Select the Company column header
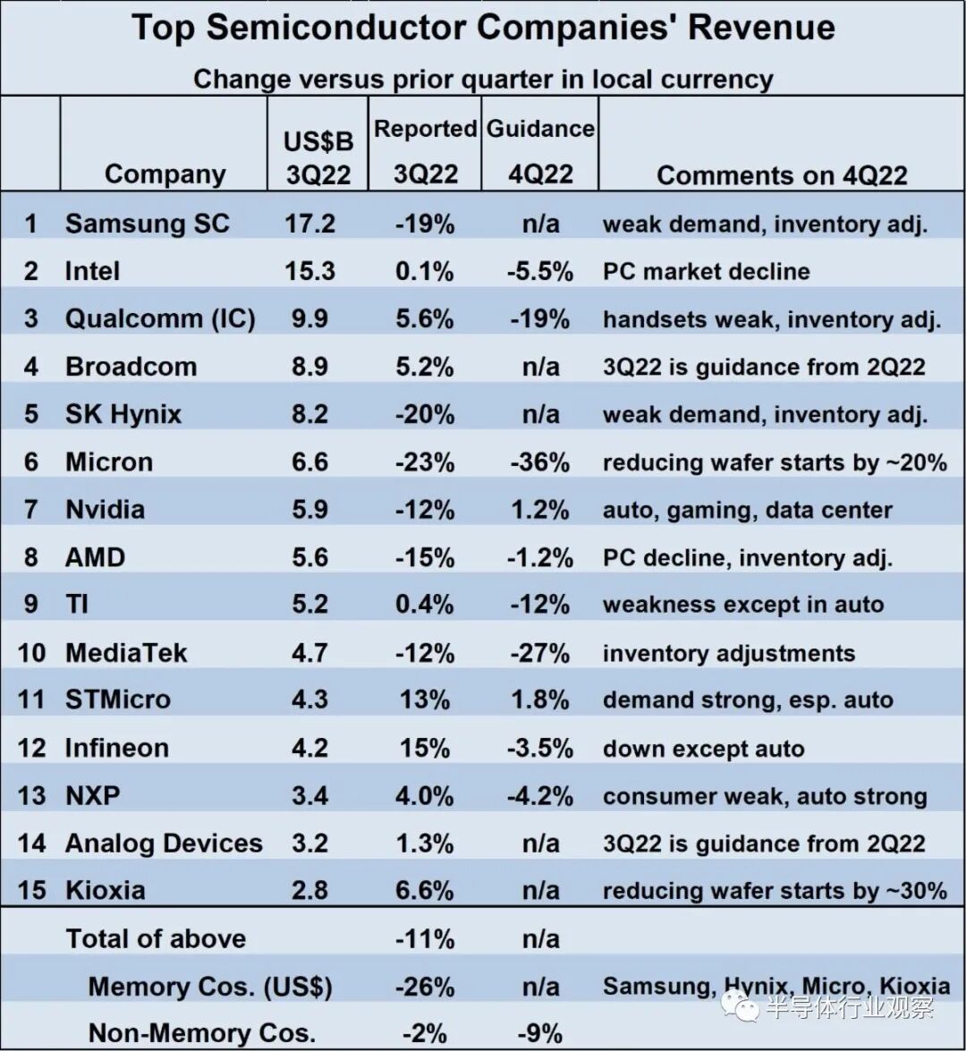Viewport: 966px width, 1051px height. [x=165, y=174]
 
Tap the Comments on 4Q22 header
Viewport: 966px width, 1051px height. [x=781, y=174]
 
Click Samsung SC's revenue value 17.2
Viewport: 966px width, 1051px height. [x=310, y=223]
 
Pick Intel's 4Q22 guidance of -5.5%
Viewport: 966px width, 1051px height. [x=539, y=271]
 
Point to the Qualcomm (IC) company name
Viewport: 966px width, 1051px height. [x=160, y=318]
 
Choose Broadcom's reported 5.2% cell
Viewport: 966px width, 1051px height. [x=425, y=367]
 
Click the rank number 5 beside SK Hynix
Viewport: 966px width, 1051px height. [x=31, y=414]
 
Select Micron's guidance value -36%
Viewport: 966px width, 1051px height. [x=539, y=462]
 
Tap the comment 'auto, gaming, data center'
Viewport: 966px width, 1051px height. [x=747, y=510]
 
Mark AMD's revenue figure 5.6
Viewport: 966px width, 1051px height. [x=310, y=557]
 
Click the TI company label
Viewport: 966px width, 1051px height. [x=77, y=605]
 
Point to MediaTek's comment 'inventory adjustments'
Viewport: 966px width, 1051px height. [x=728, y=653]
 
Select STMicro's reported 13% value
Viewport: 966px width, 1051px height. [x=425, y=699]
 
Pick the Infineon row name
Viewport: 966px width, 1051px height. [x=116, y=748]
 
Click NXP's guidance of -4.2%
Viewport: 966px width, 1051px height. [x=539, y=795]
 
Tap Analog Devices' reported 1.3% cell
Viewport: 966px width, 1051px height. [x=425, y=843]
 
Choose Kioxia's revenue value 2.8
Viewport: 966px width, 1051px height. [x=310, y=891]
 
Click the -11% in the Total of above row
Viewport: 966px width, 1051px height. [x=425, y=939]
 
